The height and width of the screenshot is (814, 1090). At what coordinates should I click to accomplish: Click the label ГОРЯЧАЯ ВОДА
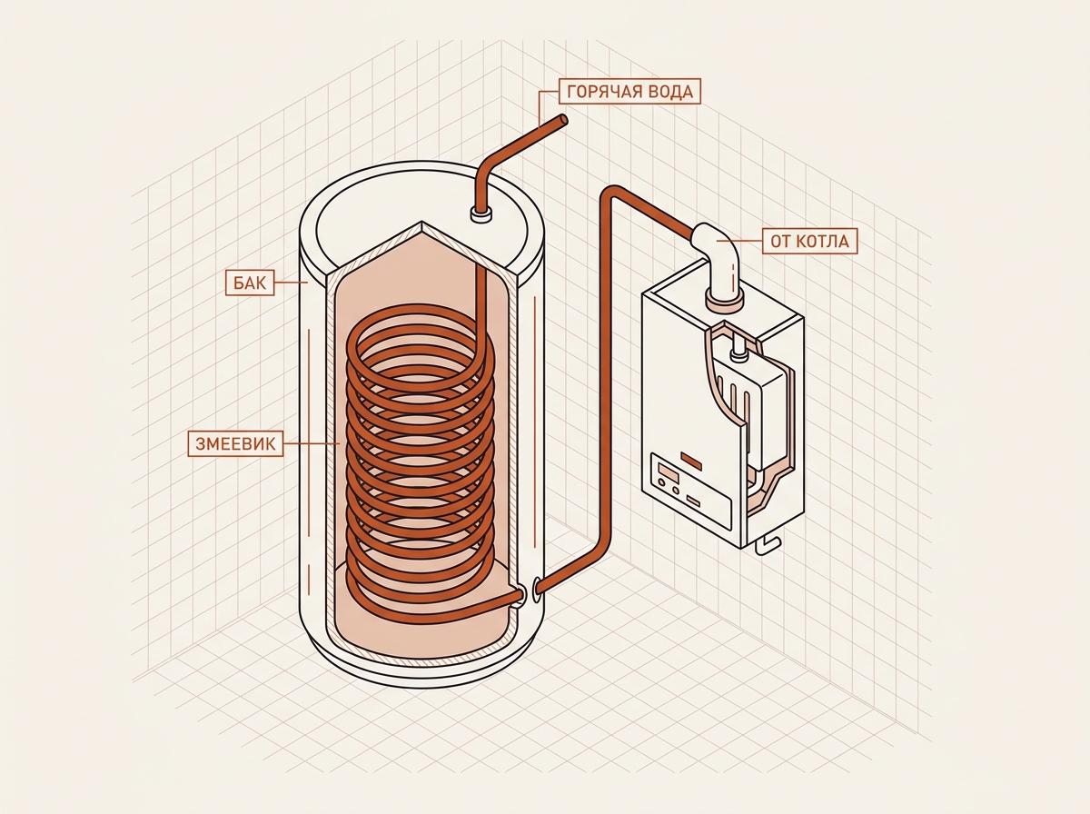629,92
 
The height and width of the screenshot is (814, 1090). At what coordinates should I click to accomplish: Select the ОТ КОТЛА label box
809,241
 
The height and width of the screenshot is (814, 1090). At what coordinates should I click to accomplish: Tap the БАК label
250,283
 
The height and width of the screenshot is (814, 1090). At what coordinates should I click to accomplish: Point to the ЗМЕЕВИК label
235,443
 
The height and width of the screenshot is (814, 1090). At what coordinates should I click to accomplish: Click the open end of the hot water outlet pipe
562,121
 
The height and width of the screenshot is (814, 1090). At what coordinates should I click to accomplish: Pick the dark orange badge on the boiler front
692,461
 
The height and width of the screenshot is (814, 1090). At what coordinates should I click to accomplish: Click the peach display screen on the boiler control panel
668,471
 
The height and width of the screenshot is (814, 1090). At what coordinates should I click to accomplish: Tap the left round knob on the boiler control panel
661,482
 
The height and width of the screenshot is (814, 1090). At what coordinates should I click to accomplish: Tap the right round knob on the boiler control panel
676,491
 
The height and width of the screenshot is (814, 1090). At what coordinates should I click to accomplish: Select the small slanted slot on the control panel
693,501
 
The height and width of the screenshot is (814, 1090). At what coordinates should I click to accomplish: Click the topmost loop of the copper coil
420,311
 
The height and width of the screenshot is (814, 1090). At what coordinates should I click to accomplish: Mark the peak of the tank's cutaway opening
421,222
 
